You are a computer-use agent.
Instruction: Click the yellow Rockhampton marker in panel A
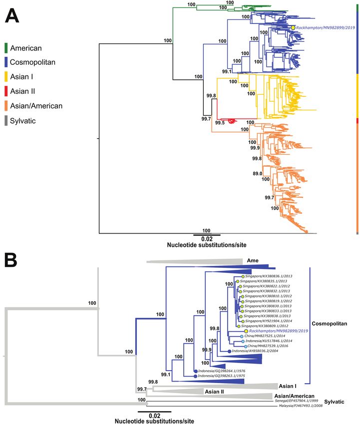(293, 28)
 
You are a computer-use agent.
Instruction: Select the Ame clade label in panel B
(252, 260)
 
